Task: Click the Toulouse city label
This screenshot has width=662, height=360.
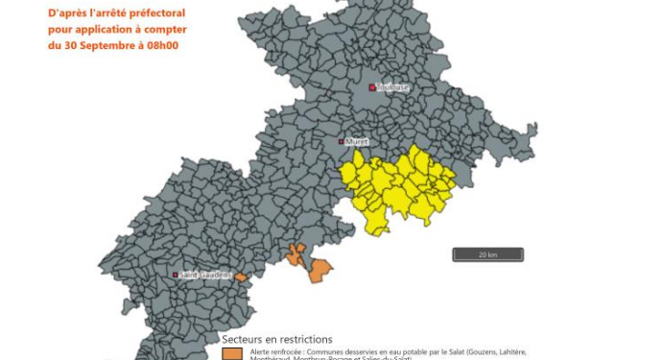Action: [391, 87]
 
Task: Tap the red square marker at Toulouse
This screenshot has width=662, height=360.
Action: [371, 87]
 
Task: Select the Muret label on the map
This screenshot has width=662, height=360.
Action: [357, 141]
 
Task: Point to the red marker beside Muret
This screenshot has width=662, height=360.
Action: [341, 141]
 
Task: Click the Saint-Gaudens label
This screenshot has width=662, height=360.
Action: [205, 275]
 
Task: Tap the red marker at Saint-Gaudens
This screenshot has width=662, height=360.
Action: [176, 275]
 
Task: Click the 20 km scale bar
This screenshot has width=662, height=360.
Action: [488, 254]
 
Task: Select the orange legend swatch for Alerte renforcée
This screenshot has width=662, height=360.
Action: [231, 353]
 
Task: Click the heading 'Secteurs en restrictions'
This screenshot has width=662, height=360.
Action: [277, 339]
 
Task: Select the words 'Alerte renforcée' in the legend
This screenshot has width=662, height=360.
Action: [273, 352]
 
